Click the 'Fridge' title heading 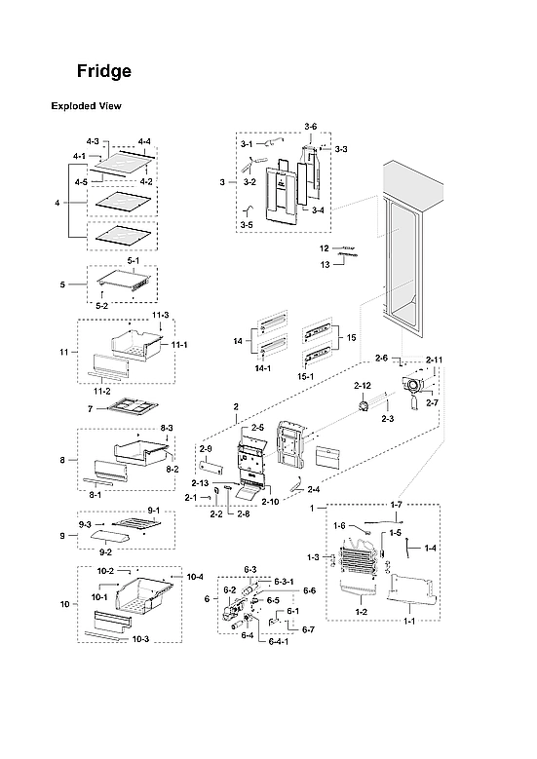pos(104,72)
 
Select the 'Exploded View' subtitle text pos(86,106)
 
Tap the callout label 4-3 pos(93,143)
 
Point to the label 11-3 pos(160,315)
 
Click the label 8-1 pos(96,495)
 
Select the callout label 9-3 pos(86,524)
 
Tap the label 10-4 pos(194,577)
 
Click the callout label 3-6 pos(310,127)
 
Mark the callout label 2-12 pos(362,386)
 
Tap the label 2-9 pos(206,448)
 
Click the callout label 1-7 pos(396,505)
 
